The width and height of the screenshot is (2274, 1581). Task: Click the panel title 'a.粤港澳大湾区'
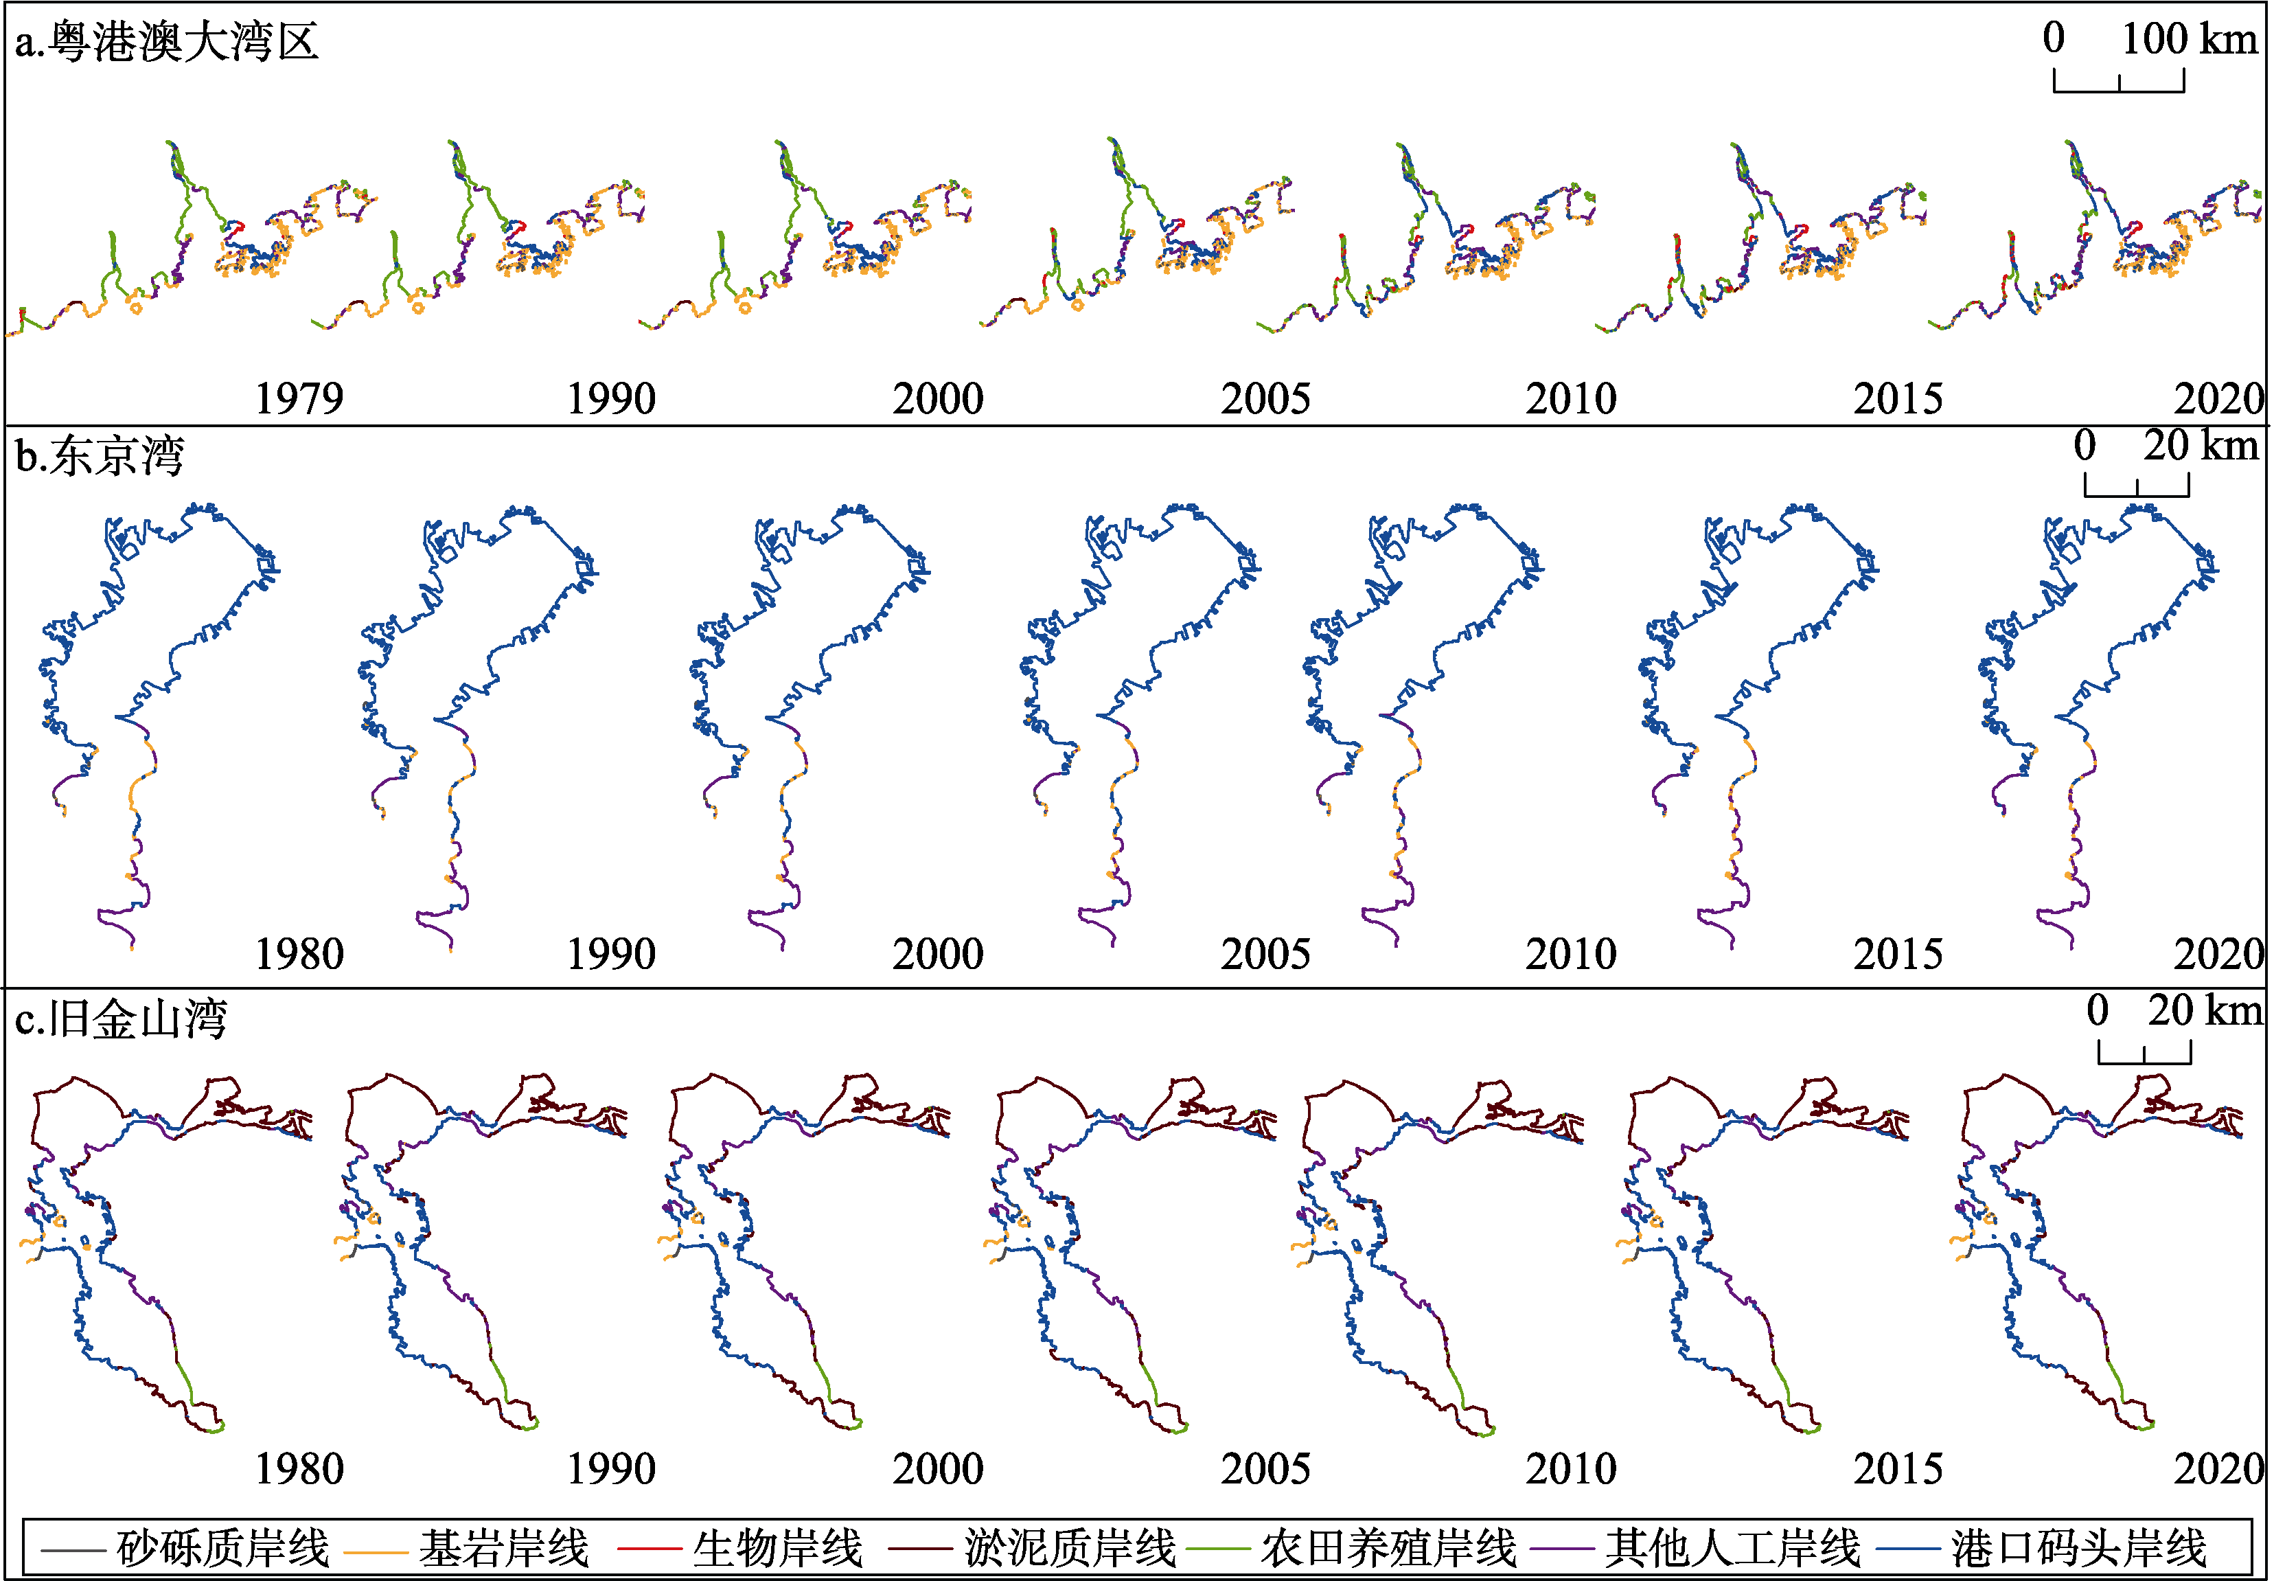pyautogui.click(x=166, y=42)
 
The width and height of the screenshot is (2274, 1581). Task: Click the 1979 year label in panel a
pyautogui.click(x=299, y=398)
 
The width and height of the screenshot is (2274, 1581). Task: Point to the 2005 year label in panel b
pyautogui.click(x=1265, y=954)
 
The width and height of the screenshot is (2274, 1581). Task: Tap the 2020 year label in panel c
pyautogui.click(x=2218, y=1468)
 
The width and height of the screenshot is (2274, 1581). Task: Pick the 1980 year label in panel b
pyautogui.click(x=299, y=954)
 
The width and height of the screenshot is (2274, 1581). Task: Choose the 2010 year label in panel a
pyautogui.click(x=1571, y=398)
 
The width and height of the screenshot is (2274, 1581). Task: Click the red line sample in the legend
pyautogui.click(x=649, y=1548)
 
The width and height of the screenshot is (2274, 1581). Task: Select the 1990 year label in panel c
pyautogui.click(x=611, y=1468)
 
